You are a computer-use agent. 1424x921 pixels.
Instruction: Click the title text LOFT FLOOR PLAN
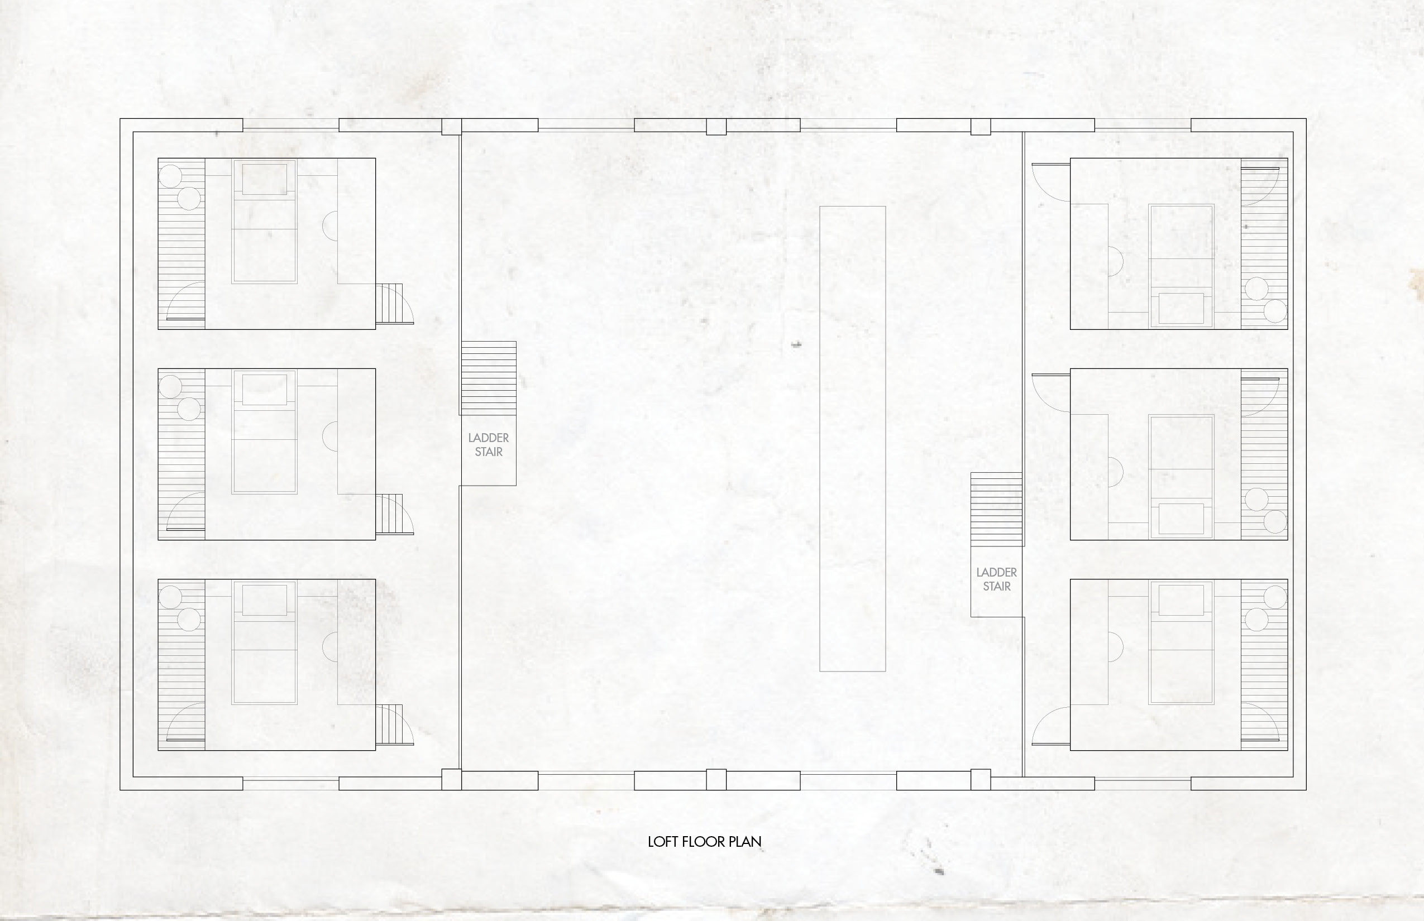tap(704, 842)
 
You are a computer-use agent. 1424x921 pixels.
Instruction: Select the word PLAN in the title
tap(745, 842)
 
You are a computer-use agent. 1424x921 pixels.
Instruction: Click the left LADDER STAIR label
tap(488, 445)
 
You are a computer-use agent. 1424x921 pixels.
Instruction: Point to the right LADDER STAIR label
tap(996, 579)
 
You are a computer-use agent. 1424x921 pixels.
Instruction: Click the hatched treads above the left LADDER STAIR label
tap(488, 378)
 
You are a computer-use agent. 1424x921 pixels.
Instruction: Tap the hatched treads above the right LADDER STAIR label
tap(996, 510)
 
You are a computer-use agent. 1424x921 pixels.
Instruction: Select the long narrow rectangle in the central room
tap(852, 438)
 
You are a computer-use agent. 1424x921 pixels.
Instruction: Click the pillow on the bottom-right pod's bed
tap(1181, 600)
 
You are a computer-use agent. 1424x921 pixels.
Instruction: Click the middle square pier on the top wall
tap(716, 127)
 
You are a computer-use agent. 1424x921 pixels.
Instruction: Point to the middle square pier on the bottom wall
tap(716, 780)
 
